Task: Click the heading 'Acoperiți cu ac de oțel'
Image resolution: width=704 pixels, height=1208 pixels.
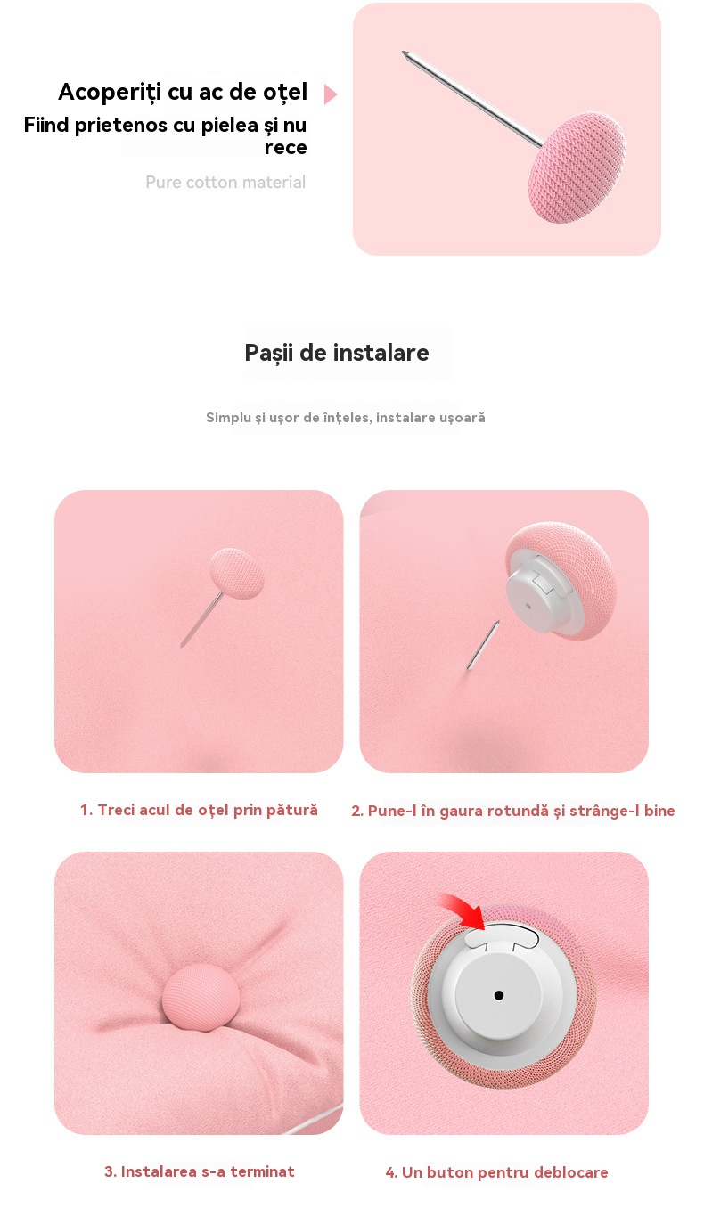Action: [x=183, y=93]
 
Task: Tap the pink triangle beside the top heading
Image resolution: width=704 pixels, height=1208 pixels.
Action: [x=330, y=94]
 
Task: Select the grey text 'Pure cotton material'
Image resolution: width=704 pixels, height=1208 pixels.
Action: [x=225, y=183]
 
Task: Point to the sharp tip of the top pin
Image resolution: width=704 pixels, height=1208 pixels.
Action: [x=404, y=53]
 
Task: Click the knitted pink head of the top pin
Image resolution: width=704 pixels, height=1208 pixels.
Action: [x=577, y=167]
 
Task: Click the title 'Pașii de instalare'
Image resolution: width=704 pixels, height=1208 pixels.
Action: [x=337, y=354]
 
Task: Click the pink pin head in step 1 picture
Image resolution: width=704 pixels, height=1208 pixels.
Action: [x=236, y=573]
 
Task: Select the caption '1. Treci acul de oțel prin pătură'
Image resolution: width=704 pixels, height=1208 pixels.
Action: [x=199, y=810]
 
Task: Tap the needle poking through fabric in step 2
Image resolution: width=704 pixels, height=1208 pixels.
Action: [x=483, y=646]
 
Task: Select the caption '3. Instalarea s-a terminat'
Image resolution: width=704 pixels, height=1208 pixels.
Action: [x=200, y=1171]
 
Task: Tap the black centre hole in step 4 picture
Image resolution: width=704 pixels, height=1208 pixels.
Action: [x=499, y=995]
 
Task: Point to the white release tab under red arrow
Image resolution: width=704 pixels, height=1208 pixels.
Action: [x=502, y=935]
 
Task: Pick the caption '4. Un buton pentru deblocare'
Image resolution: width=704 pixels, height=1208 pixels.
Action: [x=497, y=1172]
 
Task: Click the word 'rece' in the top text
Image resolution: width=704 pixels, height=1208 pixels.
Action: [x=285, y=148]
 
